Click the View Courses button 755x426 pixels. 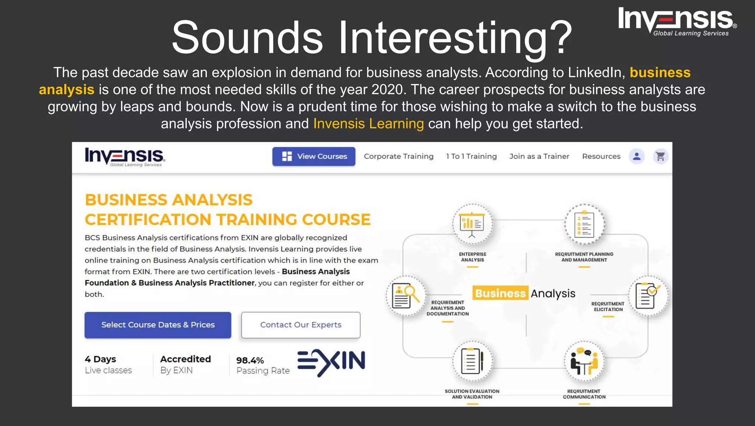coord(314,156)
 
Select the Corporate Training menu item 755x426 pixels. coord(399,156)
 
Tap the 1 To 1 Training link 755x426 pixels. coord(471,156)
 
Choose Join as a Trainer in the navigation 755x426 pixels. coord(539,156)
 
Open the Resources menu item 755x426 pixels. coord(601,156)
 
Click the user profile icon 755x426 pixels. coord(637,156)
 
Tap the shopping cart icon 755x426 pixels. coord(660,156)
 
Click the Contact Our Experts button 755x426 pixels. coord(300,325)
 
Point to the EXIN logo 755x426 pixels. coord(331,362)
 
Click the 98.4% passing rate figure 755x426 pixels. coord(250,360)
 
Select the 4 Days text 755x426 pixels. coord(100,359)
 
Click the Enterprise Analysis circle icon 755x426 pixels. coord(472,224)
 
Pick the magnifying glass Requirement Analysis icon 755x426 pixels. coord(406,296)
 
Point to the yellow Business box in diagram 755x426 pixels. coord(500,293)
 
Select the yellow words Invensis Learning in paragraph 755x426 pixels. coord(368,124)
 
